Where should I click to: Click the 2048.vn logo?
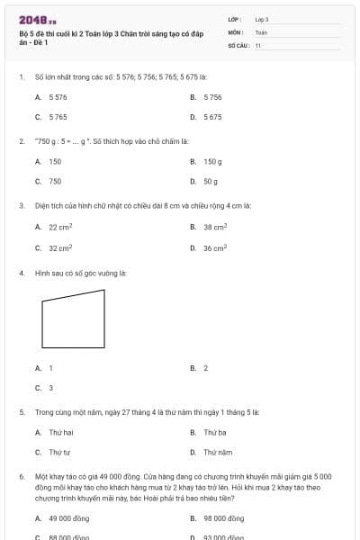pyautogui.click(x=38, y=20)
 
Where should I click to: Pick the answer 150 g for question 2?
pyautogui.click(x=212, y=161)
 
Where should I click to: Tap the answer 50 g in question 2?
pyautogui.click(x=211, y=181)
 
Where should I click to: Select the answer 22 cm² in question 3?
pyautogui.click(x=60, y=227)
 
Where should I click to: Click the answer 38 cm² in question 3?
pyautogui.click(x=214, y=227)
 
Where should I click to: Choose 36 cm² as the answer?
pyautogui.click(x=214, y=247)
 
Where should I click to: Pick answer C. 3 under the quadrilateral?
pyautogui.click(x=50, y=388)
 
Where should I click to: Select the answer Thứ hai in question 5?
pyautogui.click(x=60, y=433)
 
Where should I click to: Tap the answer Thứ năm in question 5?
pyautogui.click(x=218, y=453)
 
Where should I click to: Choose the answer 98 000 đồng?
pyautogui.click(x=223, y=518)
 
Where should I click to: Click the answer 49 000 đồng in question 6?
pyautogui.click(x=68, y=518)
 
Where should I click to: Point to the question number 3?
pyautogui.click(x=21, y=205)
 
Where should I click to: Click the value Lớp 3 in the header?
pyautogui.click(x=262, y=19)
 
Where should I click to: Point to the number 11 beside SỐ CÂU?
pyautogui.click(x=258, y=44)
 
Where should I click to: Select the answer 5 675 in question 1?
pyautogui.click(x=212, y=117)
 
